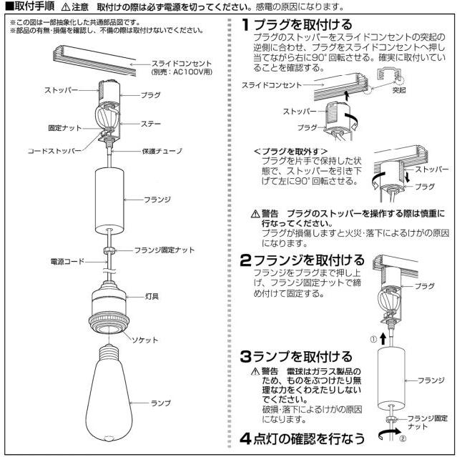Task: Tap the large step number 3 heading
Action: tap(245, 356)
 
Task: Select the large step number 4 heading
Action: tap(245, 438)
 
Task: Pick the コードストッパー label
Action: tap(56, 152)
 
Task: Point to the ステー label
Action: tap(151, 124)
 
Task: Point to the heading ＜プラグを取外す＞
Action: tap(290, 152)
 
